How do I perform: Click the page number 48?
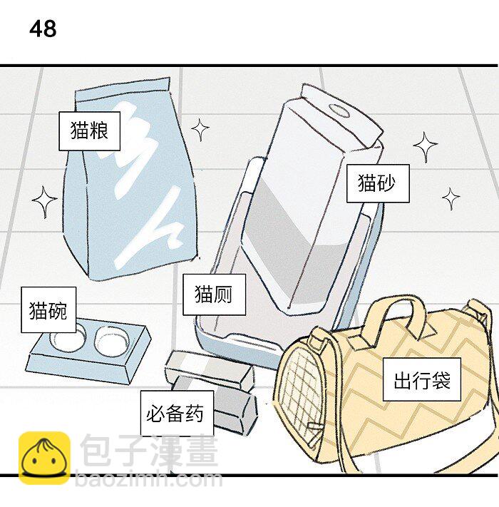43,29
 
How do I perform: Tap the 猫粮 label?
89,130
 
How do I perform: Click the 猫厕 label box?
214,294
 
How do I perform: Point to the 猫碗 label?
48,310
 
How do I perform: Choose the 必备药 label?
176,413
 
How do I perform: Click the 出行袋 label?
422,380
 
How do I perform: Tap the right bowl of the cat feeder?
110,342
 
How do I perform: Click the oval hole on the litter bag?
341,111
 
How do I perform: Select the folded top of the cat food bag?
123,92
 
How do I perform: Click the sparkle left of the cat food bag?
45,203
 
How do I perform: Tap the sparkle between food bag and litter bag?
200,130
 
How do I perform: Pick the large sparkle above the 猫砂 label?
426,148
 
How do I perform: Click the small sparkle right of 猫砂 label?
451,198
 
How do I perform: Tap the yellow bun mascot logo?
44,456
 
